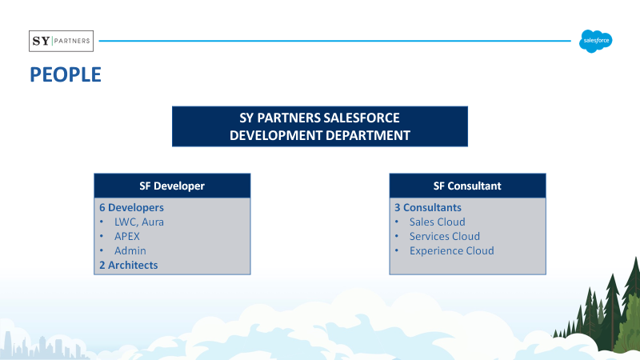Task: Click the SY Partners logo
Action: coord(62,41)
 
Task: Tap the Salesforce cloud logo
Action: coord(595,41)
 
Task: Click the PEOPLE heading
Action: coord(66,74)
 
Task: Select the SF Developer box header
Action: coord(172,186)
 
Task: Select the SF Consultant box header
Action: coord(467,186)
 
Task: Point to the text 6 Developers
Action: coord(131,207)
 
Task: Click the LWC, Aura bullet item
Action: coord(138,222)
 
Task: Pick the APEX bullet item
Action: coord(127,236)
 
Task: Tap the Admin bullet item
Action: coord(130,250)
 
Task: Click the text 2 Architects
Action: coord(129,265)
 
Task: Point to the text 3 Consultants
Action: coord(428,207)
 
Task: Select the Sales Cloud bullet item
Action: coord(437,222)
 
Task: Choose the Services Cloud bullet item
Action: coord(445,236)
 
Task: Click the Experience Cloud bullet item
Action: coord(452,250)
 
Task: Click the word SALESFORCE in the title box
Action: coord(362,118)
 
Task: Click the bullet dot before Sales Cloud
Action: coord(396,222)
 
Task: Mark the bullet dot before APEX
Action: coord(102,236)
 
